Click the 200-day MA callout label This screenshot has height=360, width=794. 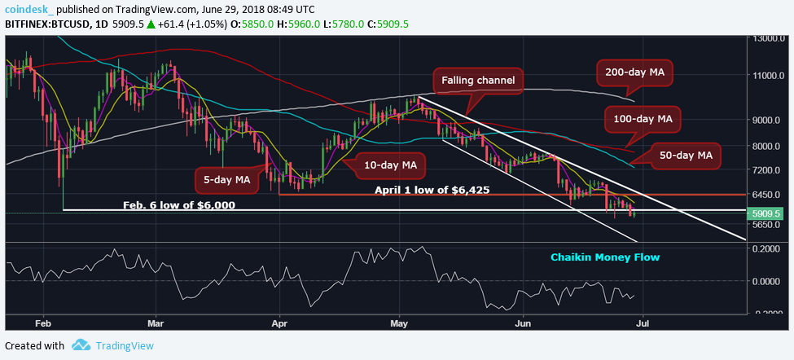(x=635, y=73)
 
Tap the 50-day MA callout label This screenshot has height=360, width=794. (x=684, y=154)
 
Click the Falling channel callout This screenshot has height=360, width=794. (x=478, y=81)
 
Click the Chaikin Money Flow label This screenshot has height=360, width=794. (x=604, y=257)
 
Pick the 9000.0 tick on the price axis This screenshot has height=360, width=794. (x=770, y=120)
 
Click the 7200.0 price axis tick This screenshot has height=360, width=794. (x=770, y=170)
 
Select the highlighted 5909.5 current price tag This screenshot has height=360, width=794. (x=769, y=210)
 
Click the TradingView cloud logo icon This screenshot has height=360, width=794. (x=81, y=345)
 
